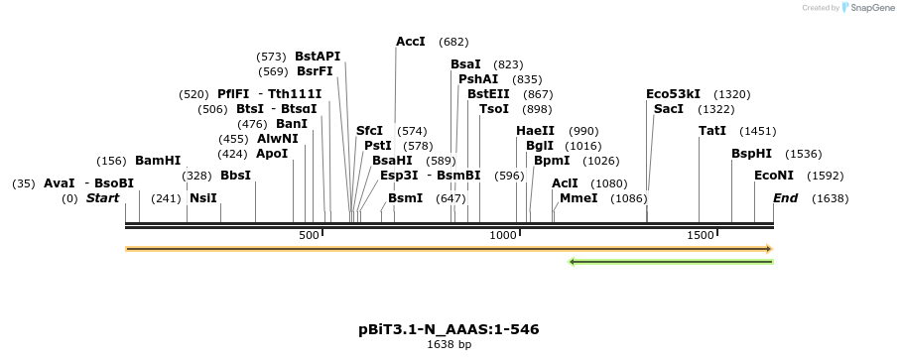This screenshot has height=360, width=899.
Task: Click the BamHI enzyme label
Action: coord(158,161)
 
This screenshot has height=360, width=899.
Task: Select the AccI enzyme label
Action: coord(410,42)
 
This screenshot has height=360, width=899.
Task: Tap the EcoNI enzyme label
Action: coord(773,176)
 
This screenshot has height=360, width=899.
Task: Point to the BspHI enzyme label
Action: coord(751,154)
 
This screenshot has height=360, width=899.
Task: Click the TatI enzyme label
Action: coord(711,131)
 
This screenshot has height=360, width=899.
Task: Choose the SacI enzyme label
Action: coord(668,109)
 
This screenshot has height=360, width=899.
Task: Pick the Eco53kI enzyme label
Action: coord(673,94)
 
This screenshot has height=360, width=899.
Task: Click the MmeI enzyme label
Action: coord(578,198)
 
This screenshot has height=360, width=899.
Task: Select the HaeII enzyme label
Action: coord(536,131)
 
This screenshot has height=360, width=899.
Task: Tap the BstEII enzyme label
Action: coord(488,94)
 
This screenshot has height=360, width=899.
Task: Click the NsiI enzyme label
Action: coord(202,198)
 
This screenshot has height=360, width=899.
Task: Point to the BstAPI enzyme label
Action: coord(318,57)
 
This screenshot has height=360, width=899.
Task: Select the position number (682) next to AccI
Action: coord(453,42)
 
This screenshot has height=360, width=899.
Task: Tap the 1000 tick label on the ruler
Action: coord(504,235)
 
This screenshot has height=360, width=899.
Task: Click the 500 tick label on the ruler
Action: coord(309,235)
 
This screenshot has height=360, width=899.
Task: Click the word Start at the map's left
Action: coord(102,198)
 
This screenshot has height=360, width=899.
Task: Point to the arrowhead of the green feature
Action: coord(574,262)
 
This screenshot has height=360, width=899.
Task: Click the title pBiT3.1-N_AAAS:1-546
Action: coord(449,329)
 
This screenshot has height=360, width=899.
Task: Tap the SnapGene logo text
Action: coord(869,8)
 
